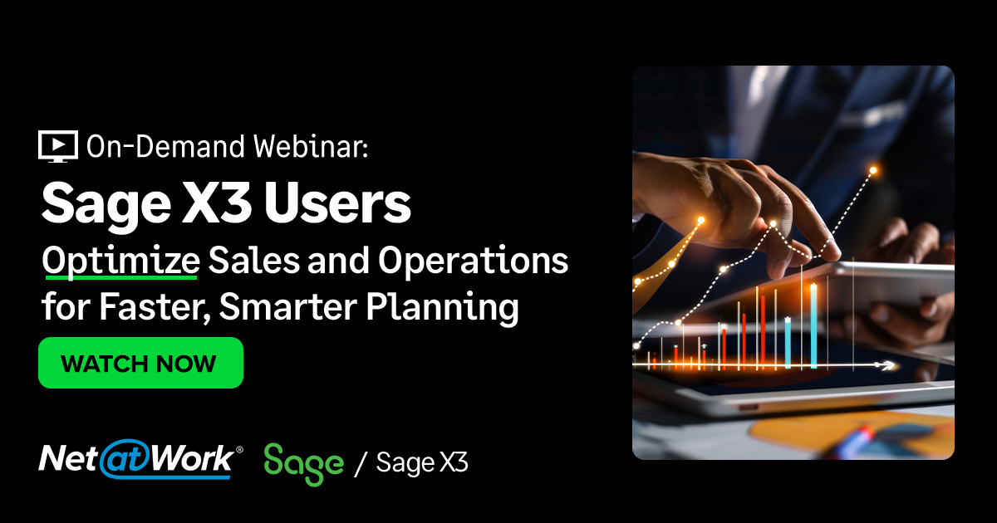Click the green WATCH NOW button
click(140, 363)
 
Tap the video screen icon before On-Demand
click(58, 146)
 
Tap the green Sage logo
click(303, 462)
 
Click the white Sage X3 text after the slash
click(422, 462)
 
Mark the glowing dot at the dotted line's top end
click(873, 171)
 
